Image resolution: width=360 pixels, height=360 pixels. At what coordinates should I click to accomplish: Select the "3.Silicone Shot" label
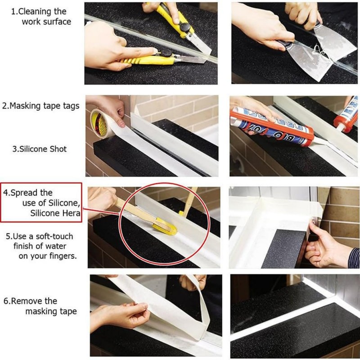pyautogui.click(x=40, y=149)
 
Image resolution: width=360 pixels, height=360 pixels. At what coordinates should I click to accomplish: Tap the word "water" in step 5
pyautogui.click(x=63, y=246)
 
